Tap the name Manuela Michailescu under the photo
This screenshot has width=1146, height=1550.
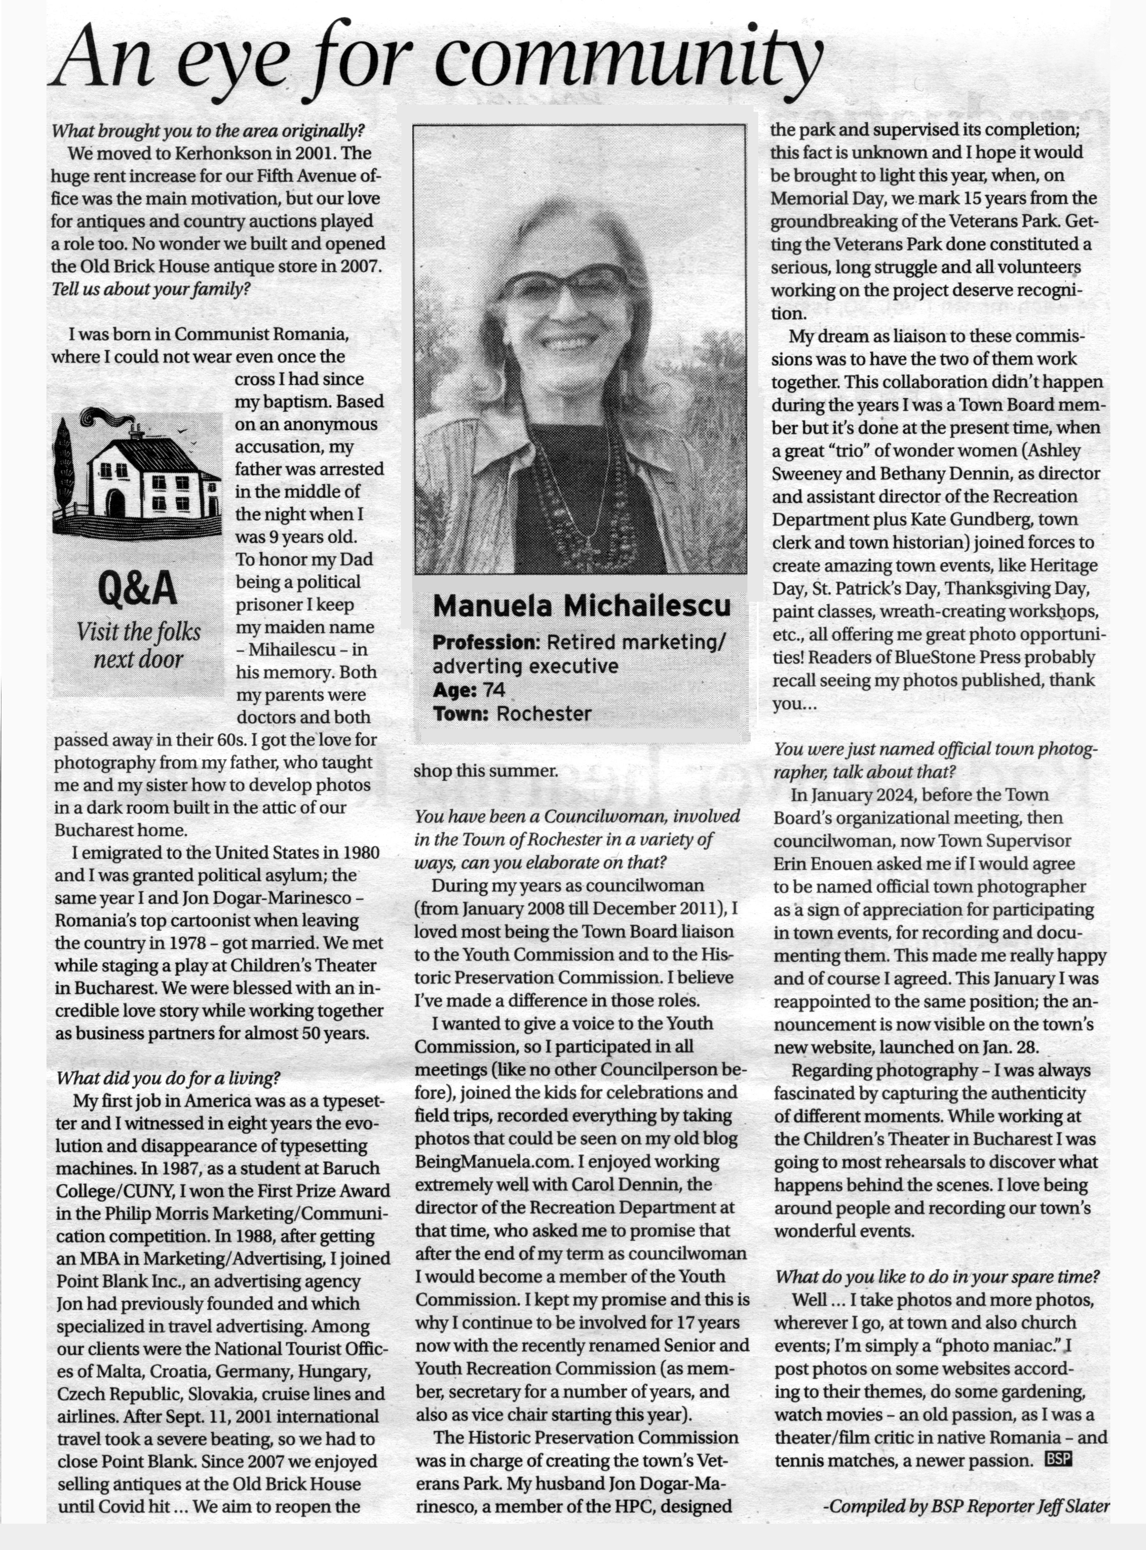581,606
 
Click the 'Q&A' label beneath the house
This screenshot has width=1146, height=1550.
138,589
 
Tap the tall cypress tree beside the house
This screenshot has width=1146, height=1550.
64,465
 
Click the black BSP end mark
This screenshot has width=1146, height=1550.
1058,1459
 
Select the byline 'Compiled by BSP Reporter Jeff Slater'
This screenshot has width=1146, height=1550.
966,1506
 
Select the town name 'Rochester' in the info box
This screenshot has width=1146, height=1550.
544,713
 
